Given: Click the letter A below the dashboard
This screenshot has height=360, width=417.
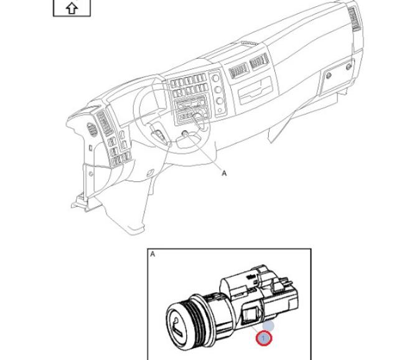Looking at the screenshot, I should (x=225, y=174).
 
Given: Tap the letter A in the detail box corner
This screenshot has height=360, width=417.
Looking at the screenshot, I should (x=152, y=254).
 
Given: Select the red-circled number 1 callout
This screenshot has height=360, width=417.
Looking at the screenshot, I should (x=265, y=338).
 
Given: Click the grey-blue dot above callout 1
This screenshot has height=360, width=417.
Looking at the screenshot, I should (x=268, y=324).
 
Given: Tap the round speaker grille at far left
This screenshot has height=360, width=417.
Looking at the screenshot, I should (x=92, y=130).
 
